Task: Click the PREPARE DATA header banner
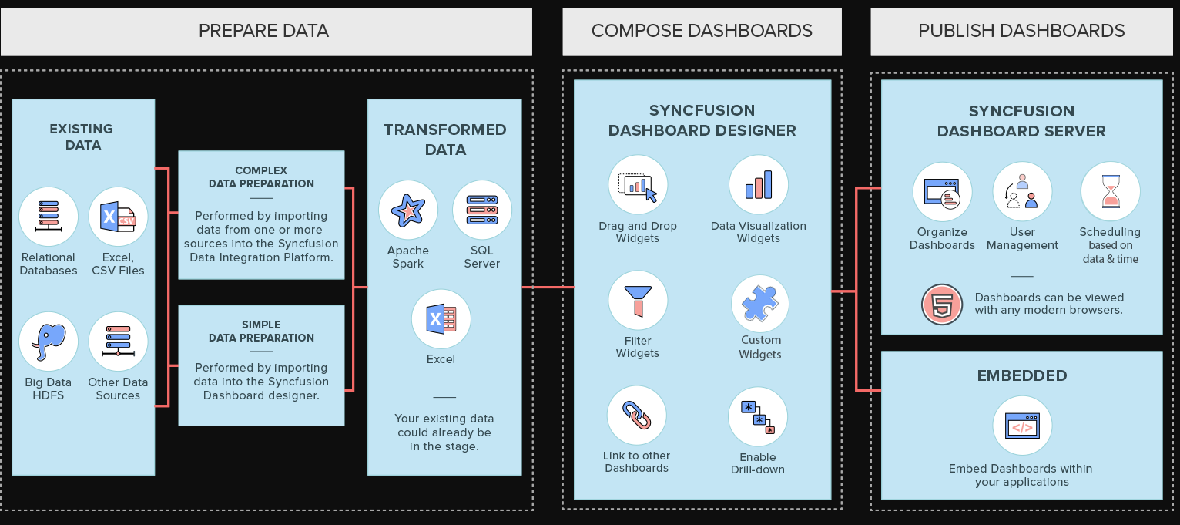pos(266,32)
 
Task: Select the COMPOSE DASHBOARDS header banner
pos(702,32)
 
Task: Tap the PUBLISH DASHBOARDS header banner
pos(1021,32)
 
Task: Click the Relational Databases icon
pos(49,217)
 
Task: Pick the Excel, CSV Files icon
pos(118,217)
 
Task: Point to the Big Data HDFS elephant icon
pos(49,342)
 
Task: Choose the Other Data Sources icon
pos(118,342)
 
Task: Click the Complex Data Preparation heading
pos(261,177)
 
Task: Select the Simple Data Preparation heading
pos(261,331)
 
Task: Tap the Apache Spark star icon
pos(407,210)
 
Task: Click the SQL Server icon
pos(481,210)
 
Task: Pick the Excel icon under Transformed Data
pos(441,318)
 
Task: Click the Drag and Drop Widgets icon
pos(638,185)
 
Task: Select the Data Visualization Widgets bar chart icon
pos(758,185)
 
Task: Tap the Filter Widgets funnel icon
pos(637,300)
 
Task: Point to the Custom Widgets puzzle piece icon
pos(759,303)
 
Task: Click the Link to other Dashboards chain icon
pos(636,415)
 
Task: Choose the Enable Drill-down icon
pos(758,417)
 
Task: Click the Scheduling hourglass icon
pos(1109,191)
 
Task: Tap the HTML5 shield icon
pos(942,305)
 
